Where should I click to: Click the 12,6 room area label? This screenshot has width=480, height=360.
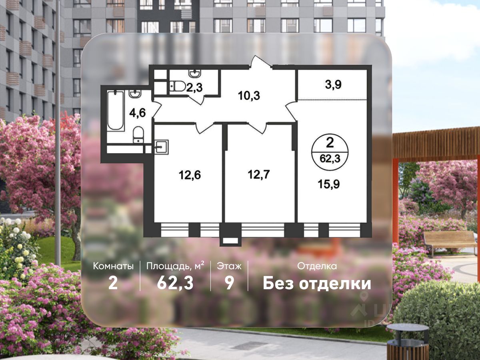[188, 174]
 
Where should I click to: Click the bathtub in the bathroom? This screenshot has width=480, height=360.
[116, 110]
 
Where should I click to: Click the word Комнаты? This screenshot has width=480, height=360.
[113, 266]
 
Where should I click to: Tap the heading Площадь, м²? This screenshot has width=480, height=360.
[175, 265]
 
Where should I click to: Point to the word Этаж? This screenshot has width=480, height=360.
[229, 266]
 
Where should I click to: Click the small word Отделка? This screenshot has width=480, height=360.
[317, 266]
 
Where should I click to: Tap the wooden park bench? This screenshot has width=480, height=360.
[450, 241]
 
